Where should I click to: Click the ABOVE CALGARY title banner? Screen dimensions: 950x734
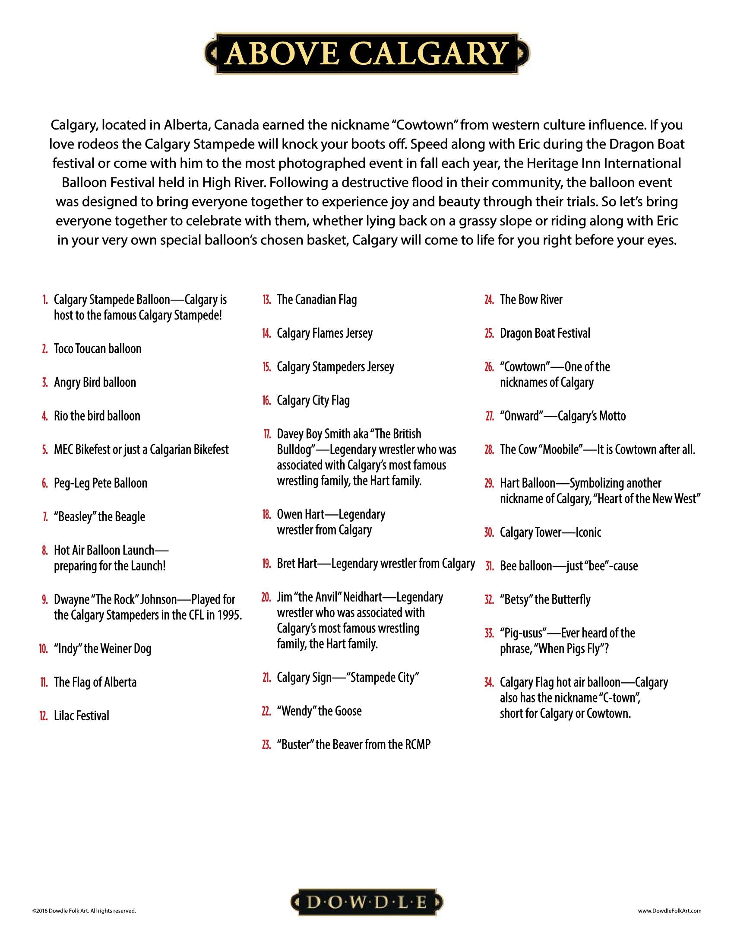[x=367, y=54]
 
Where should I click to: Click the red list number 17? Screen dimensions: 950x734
[x=266, y=434]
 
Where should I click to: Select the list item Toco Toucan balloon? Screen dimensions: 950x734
[x=98, y=349]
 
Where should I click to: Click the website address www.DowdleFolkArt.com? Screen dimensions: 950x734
[x=670, y=910]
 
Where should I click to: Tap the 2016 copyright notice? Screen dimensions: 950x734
[x=84, y=910]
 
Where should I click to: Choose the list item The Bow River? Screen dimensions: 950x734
[x=531, y=300]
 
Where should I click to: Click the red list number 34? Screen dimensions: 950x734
[x=489, y=682]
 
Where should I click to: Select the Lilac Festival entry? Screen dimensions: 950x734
[x=81, y=716]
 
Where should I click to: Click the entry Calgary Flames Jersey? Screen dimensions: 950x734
[x=324, y=333]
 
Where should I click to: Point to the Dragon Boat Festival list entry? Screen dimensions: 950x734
[x=545, y=333]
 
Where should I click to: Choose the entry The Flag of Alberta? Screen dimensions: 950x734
[x=95, y=682]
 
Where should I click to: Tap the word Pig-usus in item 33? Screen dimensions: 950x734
[x=523, y=633]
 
